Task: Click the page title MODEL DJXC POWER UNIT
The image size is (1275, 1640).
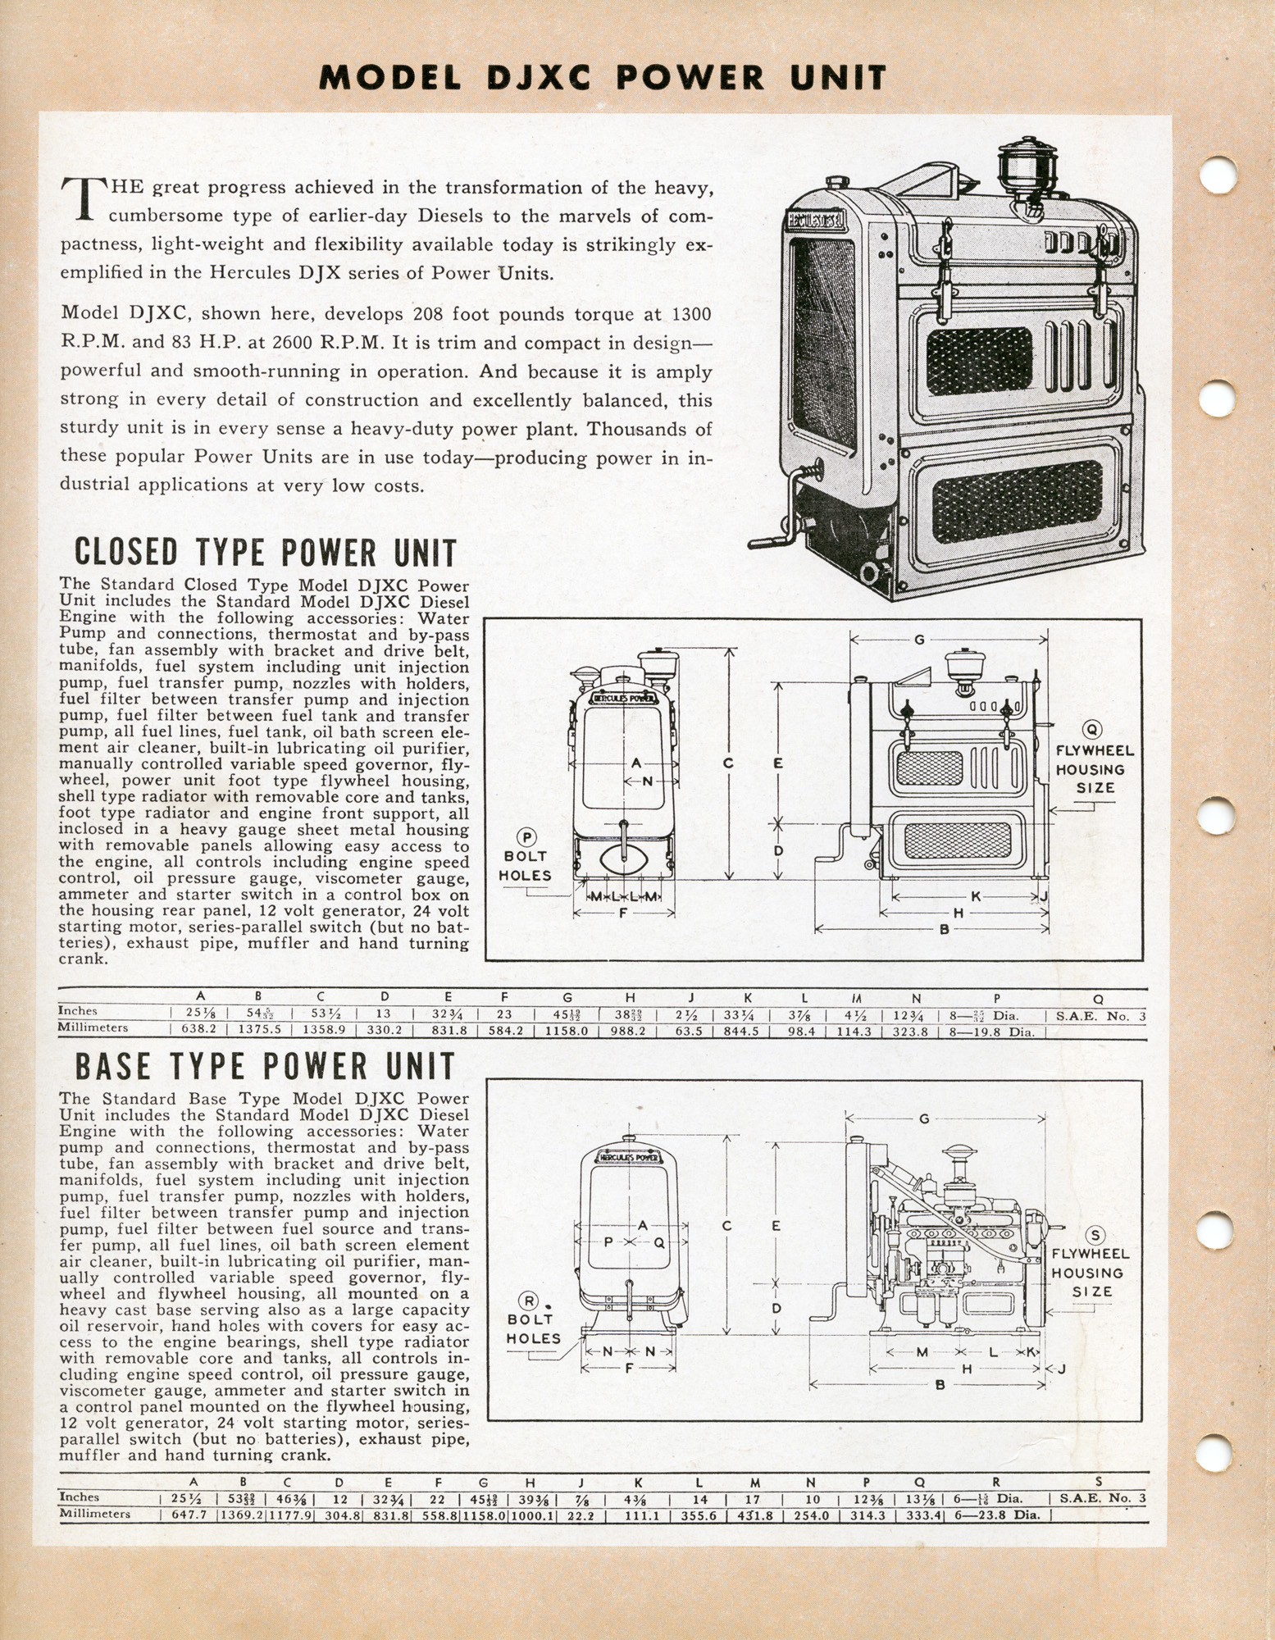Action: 603,77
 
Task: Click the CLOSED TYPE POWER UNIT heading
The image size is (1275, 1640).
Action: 266,553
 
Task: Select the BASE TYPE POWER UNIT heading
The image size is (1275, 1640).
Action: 265,1067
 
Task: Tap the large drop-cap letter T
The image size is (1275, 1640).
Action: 84,199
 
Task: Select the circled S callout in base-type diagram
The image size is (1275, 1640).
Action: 1095,1236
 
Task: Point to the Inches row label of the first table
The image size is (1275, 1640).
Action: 78,1012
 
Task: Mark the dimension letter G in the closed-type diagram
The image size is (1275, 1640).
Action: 919,640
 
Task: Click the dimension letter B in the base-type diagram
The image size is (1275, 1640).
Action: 940,1386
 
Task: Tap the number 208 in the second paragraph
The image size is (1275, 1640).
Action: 427,314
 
